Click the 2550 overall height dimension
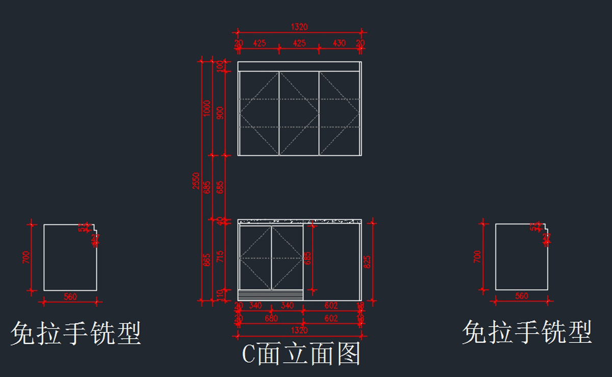click(x=196, y=181)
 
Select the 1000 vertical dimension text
click(x=207, y=108)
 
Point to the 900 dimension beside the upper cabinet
click(x=220, y=113)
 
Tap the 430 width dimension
click(x=339, y=43)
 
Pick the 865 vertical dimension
click(x=207, y=260)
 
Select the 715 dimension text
click(x=220, y=257)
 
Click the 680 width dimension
click(x=271, y=318)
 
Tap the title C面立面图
click(x=301, y=354)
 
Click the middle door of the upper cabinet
click(x=299, y=113)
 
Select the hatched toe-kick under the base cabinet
click(x=271, y=295)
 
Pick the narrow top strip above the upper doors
click(x=299, y=66)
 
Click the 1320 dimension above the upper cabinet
click(x=299, y=27)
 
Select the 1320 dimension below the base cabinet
click(x=299, y=331)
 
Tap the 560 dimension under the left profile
click(x=70, y=296)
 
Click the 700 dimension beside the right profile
click(x=477, y=256)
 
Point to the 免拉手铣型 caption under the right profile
click(x=527, y=333)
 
